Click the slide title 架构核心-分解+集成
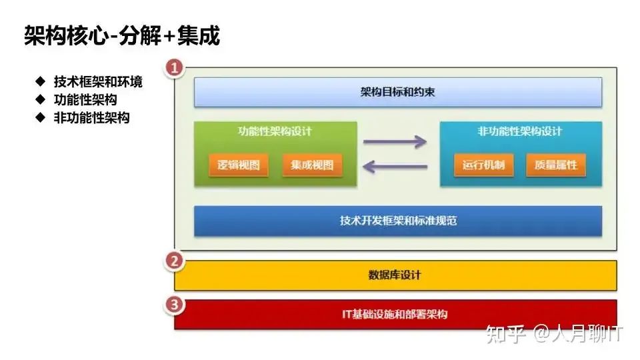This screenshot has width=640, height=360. point(122,35)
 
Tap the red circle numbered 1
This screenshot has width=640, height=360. point(175,67)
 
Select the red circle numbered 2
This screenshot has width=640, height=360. point(175,261)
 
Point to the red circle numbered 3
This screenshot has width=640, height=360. point(175,305)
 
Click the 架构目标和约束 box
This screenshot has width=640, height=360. point(398,92)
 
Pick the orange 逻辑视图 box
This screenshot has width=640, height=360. point(239,165)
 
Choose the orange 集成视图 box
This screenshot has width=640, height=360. point(312,165)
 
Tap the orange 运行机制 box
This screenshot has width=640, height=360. point(484,165)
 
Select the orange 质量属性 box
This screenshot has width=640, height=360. point(556,165)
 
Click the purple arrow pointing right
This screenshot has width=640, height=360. point(395,142)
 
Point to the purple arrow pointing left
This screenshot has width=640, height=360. point(395,167)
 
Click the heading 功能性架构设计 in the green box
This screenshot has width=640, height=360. point(275,131)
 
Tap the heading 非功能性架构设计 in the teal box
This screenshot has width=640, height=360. point(520,131)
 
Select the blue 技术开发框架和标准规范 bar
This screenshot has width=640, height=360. point(398,221)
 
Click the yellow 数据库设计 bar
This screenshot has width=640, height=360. point(395,275)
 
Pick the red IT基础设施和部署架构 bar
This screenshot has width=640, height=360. point(395,314)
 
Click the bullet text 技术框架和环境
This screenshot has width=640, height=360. point(98,81)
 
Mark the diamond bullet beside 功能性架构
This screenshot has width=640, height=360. point(41,99)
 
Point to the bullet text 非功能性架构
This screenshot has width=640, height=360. point(92,118)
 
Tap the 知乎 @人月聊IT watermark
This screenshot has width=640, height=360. point(554,334)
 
